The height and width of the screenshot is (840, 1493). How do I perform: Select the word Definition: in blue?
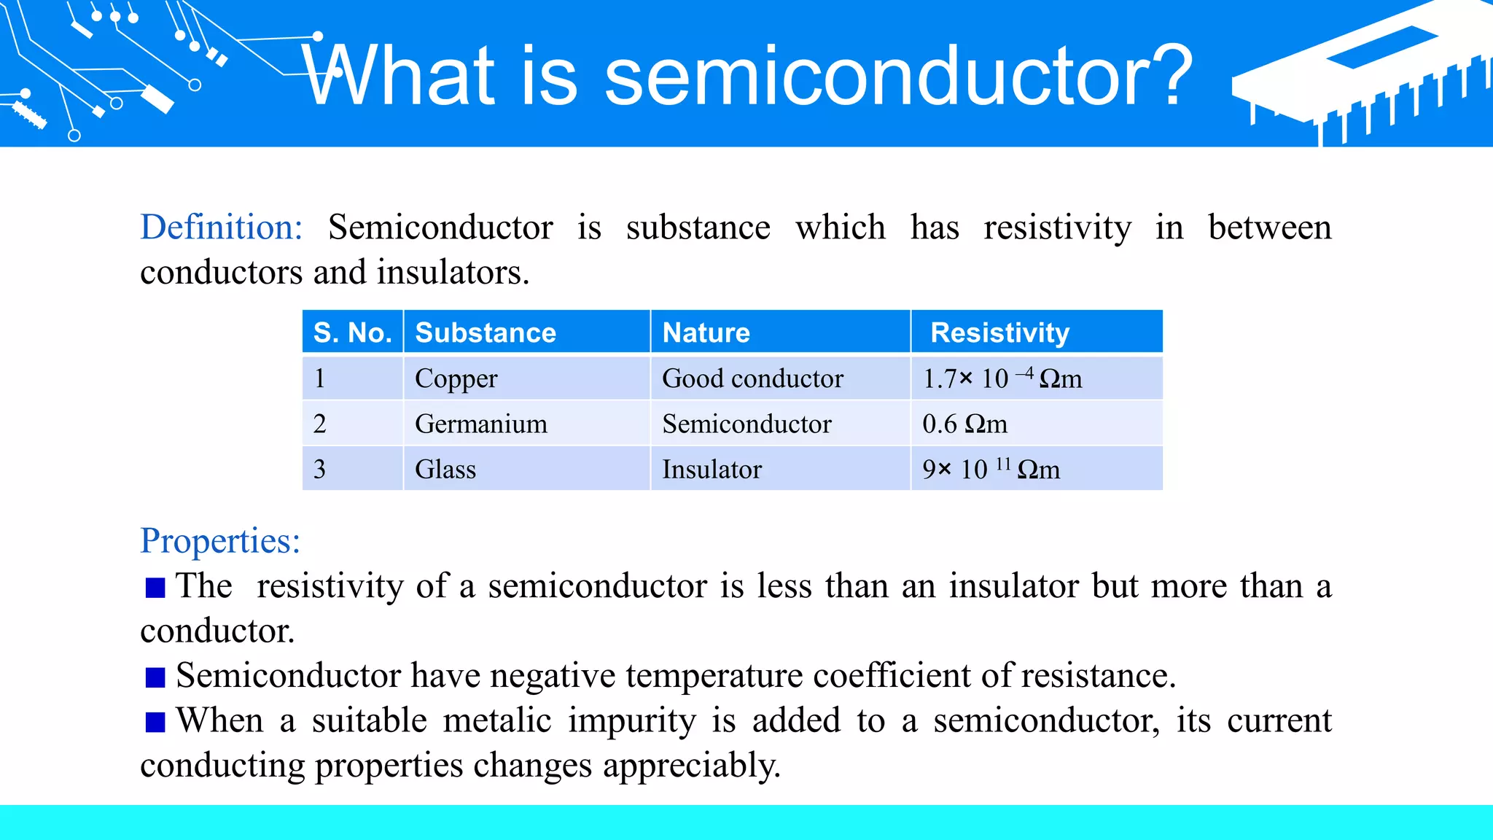tap(221, 227)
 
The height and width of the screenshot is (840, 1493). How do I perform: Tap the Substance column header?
tap(486, 332)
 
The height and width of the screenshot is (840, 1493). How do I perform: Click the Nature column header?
tap(706, 332)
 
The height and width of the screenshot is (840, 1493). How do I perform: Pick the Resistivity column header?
tap(999, 332)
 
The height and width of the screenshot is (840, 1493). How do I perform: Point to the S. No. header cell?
tap(353, 332)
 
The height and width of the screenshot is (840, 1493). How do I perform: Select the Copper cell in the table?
tap(456, 378)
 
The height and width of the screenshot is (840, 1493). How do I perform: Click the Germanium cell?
tap(480, 424)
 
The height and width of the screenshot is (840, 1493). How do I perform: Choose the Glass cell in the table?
tap(445, 469)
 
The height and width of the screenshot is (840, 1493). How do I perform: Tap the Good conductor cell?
tap(752, 378)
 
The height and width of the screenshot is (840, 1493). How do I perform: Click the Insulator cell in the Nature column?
tap(712, 469)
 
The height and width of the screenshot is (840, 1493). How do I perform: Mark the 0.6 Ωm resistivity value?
tap(964, 424)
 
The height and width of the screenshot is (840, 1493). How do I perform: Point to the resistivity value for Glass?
tap(991, 469)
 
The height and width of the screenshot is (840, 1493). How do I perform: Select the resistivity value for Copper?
tap(1002, 378)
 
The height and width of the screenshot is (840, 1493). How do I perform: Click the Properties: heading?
tap(220, 541)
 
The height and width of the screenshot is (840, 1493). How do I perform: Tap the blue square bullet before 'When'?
tap(155, 722)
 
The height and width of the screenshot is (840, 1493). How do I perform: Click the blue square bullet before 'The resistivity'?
tap(155, 587)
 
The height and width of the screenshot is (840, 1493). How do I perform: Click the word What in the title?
tap(399, 75)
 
